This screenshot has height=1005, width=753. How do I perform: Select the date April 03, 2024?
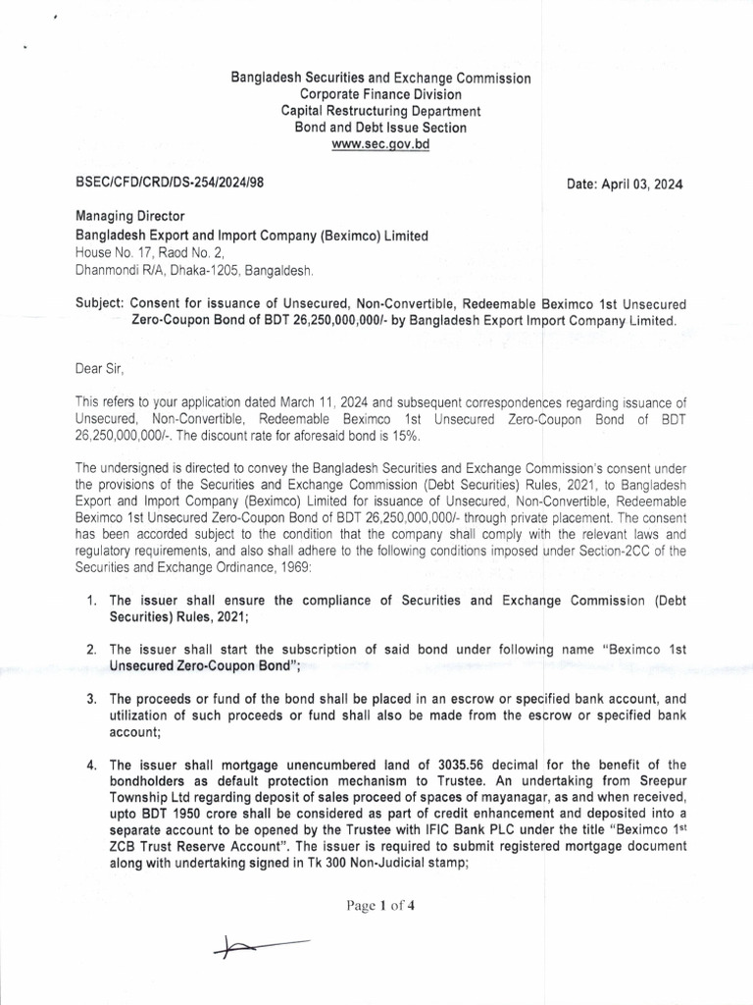point(625,185)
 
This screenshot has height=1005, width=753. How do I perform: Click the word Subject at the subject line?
point(97,303)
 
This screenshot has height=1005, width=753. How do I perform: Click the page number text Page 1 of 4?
point(379,906)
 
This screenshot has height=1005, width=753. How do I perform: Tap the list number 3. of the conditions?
point(90,699)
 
